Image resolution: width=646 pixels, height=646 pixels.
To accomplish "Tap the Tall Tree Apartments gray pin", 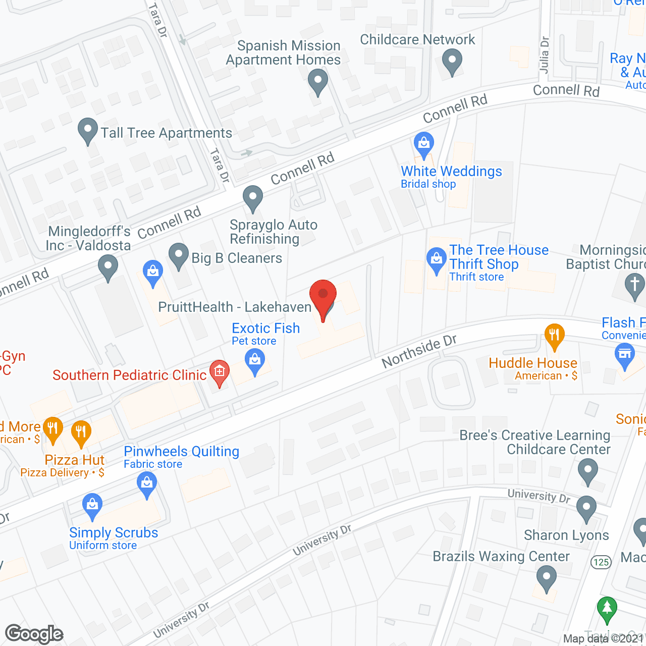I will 88,131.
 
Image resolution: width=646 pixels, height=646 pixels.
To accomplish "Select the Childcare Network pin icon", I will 452,62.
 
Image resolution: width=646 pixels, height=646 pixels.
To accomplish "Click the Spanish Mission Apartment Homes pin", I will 318,82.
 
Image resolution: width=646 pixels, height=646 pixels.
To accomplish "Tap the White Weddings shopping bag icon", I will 424,144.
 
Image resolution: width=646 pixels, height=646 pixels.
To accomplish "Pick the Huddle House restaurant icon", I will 554,336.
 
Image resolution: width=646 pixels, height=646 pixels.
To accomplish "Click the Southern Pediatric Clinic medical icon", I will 219,372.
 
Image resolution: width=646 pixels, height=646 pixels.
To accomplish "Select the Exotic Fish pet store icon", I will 255,361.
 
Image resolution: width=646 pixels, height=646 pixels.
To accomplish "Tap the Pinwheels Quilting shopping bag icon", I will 147,483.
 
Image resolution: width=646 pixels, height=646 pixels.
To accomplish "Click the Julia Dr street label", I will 544,55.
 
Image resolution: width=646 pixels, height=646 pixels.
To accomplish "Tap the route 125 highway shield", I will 601,562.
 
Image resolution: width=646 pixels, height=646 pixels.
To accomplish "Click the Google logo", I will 34,634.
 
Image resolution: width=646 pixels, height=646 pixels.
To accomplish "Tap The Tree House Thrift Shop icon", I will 436,259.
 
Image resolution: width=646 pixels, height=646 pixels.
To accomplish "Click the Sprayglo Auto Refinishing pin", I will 253,198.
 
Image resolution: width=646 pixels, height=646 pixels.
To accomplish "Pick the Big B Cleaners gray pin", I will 178,255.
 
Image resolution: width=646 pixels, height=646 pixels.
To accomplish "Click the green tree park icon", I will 607,609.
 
